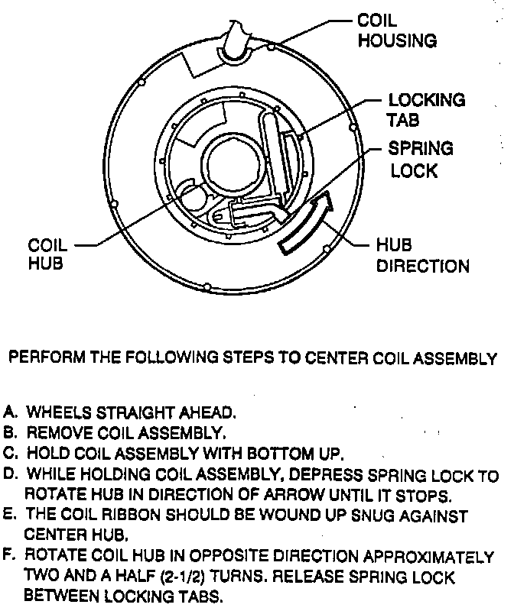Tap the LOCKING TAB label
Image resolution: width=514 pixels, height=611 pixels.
[x=426, y=110]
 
